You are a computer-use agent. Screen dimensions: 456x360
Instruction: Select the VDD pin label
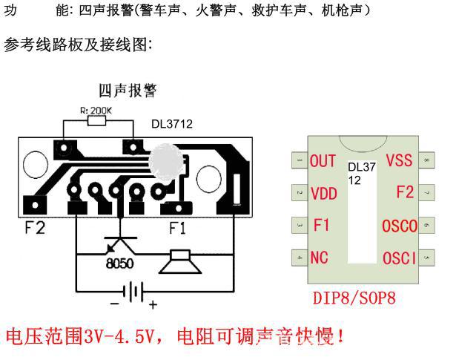click(x=323, y=194)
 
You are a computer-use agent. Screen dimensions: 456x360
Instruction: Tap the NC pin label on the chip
click(x=320, y=258)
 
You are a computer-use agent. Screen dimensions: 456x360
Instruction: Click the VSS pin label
click(x=400, y=160)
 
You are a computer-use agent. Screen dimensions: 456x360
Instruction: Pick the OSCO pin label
click(x=399, y=226)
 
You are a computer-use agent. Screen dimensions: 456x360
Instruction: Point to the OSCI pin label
click(x=399, y=258)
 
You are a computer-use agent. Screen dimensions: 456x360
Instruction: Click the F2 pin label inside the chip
click(x=405, y=192)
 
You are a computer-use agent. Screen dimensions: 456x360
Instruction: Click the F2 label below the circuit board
click(x=34, y=228)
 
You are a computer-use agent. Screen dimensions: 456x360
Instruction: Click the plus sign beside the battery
click(x=153, y=304)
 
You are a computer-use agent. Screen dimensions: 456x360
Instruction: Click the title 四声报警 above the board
click(x=132, y=91)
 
